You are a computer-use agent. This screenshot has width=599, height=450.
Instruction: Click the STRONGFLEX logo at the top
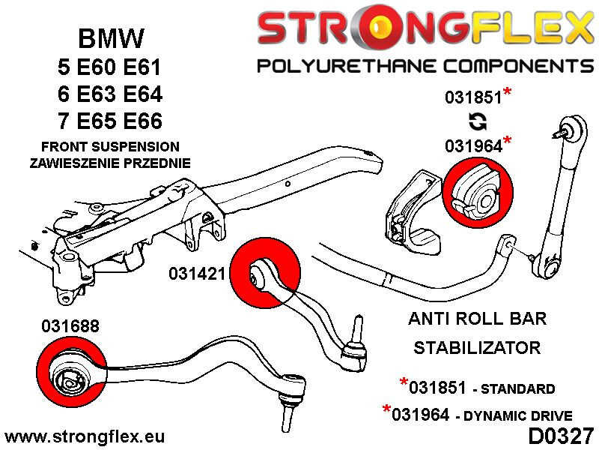pyautogui.click(x=424, y=28)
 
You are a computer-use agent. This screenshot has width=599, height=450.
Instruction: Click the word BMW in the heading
pyautogui.click(x=112, y=38)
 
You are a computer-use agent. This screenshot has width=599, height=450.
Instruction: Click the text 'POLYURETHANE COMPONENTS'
pyautogui.click(x=424, y=67)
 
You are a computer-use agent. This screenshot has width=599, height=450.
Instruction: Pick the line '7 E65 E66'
pyautogui.click(x=109, y=121)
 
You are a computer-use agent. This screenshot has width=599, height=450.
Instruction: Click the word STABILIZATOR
pyautogui.click(x=476, y=348)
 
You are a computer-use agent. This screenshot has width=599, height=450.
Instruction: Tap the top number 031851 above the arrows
pyautogui.click(x=472, y=97)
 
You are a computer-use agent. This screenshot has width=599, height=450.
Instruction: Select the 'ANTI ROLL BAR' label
pyautogui.click(x=476, y=319)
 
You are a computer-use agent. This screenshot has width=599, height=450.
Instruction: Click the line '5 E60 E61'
pyautogui.click(x=109, y=67)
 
